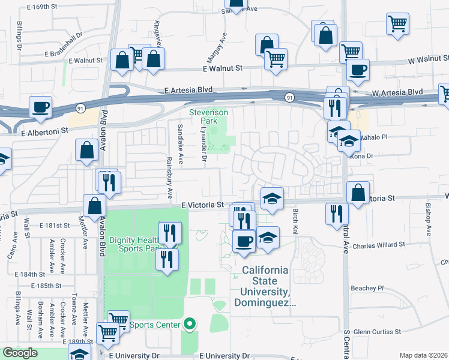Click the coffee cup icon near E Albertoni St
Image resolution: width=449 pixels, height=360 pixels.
[x=41, y=107]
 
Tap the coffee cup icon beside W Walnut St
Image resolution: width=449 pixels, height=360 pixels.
[x=358, y=70]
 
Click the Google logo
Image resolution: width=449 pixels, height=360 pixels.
[x=20, y=353]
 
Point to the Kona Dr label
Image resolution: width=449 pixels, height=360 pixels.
[x=373, y=156]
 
